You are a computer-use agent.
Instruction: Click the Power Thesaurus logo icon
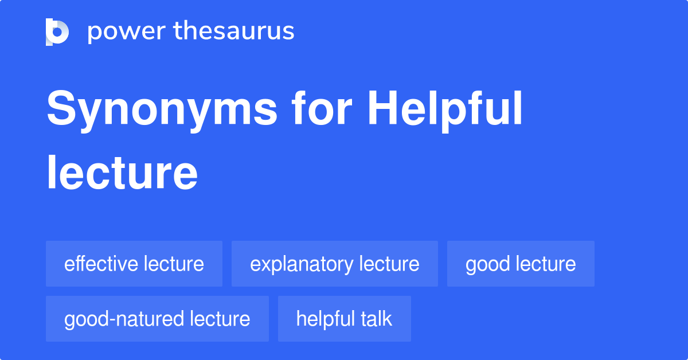[57, 32]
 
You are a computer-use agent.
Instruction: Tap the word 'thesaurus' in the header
[234, 32]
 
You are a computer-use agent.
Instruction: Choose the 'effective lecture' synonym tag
[134, 264]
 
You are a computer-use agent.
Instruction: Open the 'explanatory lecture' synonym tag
[335, 264]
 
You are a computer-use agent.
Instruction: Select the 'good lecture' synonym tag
[521, 264]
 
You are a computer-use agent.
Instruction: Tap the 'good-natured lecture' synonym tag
[157, 319]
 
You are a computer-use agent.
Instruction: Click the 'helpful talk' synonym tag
[344, 319]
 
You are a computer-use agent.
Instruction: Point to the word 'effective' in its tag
[101, 264]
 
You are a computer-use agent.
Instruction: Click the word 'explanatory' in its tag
[302, 264]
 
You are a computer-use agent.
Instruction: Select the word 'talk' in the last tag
[376, 319]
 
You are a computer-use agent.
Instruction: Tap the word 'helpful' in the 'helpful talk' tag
[325, 319]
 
